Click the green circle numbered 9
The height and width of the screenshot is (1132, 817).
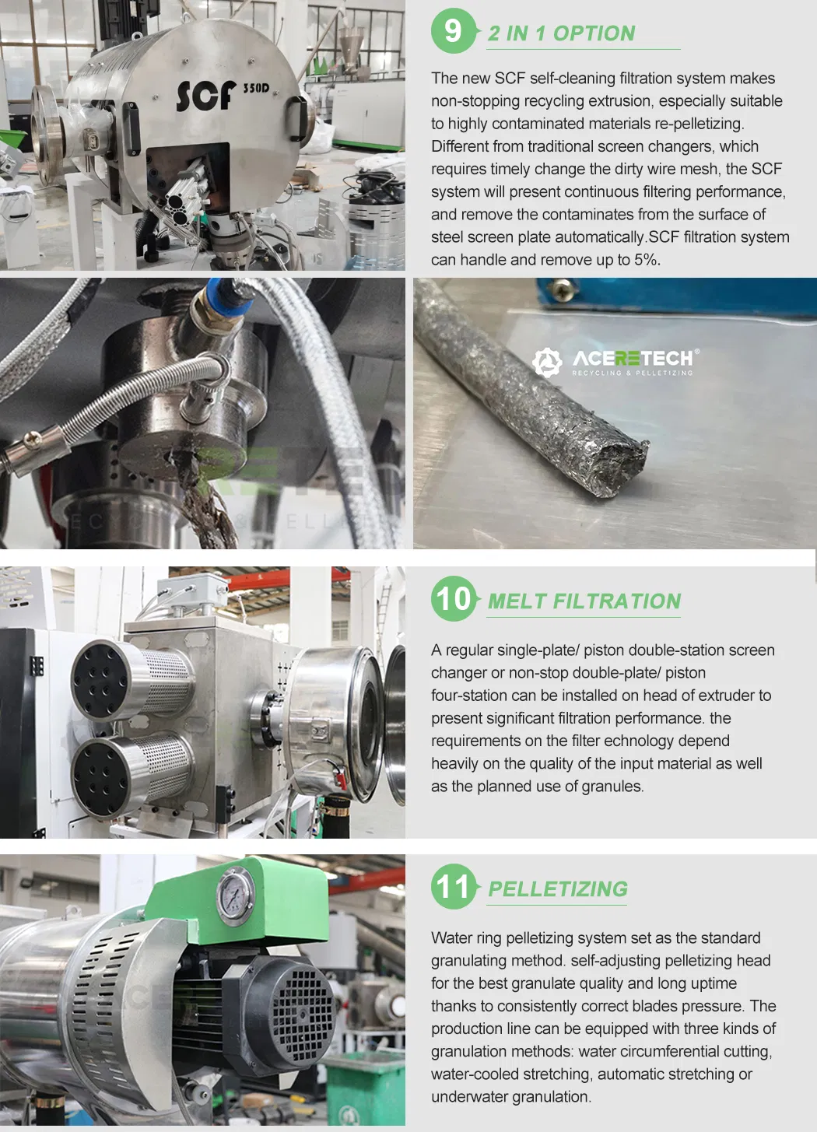point(454,31)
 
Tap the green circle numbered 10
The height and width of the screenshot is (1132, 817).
point(454,599)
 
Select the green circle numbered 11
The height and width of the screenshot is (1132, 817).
point(454,886)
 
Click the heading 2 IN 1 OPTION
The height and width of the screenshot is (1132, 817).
point(561,33)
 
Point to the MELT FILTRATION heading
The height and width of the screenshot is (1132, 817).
point(584,601)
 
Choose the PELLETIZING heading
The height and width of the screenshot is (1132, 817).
point(558,889)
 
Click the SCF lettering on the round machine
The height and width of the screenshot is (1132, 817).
point(206,96)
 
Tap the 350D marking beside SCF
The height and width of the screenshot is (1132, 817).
point(256,88)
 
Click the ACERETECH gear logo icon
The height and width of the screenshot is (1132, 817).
point(547,362)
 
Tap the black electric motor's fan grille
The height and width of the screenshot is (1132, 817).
point(303,1015)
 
